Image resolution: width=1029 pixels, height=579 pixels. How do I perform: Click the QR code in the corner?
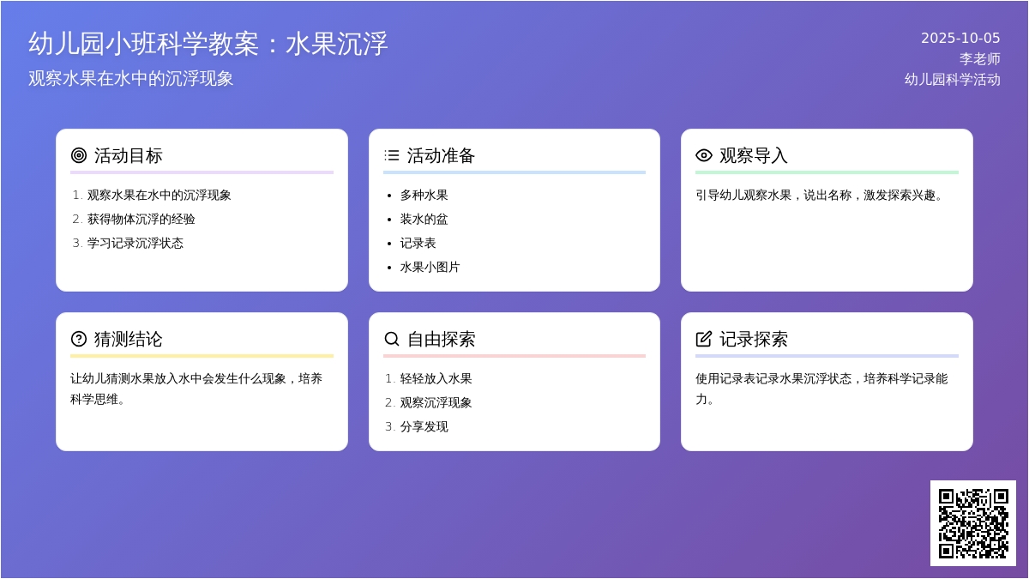(973, 523)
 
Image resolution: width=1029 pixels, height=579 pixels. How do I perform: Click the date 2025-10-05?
(960, 38)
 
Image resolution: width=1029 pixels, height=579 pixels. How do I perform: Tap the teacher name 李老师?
(979, 59)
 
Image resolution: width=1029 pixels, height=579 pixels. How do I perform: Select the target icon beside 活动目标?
(79, 155)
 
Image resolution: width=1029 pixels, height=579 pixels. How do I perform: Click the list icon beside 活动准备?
(391, 155)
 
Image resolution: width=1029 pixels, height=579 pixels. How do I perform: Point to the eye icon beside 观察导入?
(704, 155)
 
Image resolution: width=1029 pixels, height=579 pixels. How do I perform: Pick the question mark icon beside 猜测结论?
(79, 339)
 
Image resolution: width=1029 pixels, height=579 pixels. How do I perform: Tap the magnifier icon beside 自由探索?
(391, 339)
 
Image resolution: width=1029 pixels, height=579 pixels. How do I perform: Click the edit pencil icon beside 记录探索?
(704, 339)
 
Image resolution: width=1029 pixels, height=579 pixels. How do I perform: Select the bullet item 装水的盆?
(424, 220)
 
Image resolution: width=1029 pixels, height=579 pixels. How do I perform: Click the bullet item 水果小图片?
(430, 267)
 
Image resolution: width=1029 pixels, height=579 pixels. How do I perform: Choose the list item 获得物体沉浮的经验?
(141, 220)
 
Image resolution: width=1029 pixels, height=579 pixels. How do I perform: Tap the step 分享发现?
(424, 426)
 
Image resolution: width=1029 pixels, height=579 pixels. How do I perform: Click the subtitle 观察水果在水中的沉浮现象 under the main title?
(131, 79)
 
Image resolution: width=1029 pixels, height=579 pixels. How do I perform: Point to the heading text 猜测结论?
(128, 339)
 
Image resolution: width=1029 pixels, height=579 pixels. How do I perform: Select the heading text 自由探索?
(441, 339)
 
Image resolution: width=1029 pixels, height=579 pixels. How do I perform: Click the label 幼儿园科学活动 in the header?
(953, 80)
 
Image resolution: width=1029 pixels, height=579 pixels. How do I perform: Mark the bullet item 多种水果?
(424, 196)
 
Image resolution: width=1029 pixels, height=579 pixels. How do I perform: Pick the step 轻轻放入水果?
(436, 378)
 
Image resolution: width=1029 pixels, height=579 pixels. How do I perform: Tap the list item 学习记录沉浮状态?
(135, 243)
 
